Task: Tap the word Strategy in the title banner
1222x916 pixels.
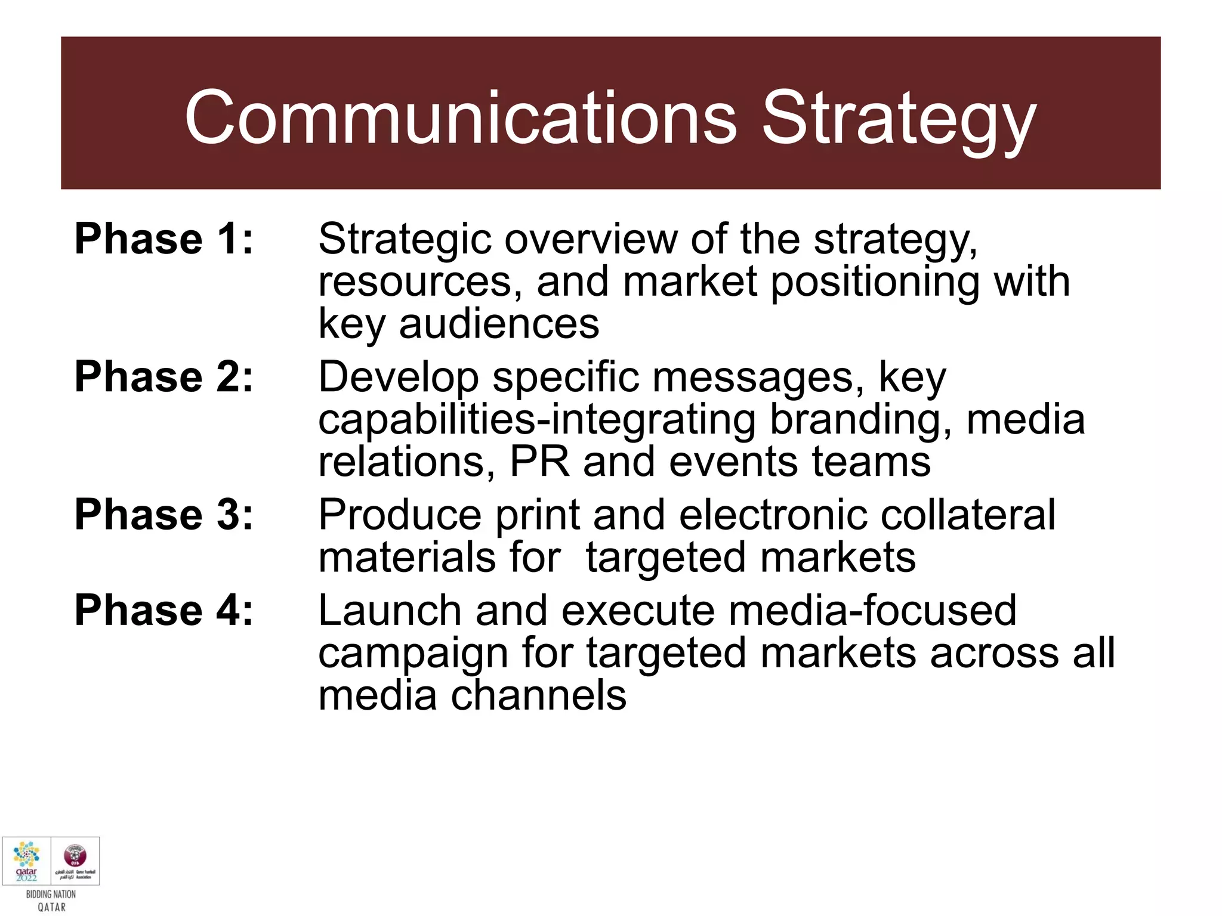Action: click(x=899, y=117)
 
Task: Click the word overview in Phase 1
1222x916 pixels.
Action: click(x=591, y=239)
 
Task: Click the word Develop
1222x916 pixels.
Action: click(x=399, y=377)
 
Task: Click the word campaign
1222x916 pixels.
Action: click(x=413, y=653)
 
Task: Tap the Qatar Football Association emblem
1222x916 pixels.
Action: click(x=75, y=856)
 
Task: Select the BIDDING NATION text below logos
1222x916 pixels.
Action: click(x=51, y=894)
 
